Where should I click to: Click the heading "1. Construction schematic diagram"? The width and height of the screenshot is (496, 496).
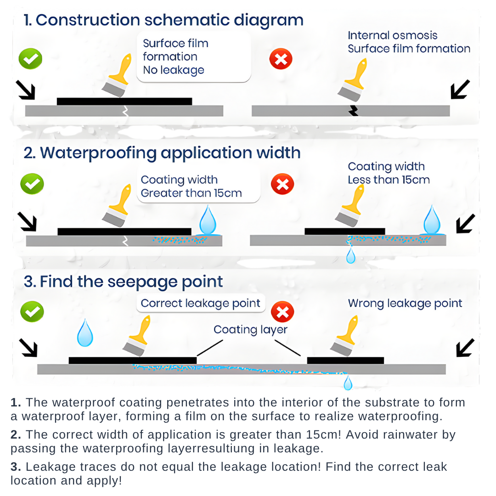(x=163, y=21)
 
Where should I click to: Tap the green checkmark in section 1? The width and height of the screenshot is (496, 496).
(x=30, y=59)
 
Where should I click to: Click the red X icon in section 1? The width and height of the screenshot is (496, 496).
(x=281, y=60)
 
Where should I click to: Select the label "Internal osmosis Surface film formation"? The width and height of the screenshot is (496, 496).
(x=409, y=42)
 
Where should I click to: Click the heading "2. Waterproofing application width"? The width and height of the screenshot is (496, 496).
(x=162, y=153)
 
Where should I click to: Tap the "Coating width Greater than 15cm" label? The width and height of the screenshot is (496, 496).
(x=191, y=186)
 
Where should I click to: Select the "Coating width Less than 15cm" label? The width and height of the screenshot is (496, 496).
(x=389, y=173)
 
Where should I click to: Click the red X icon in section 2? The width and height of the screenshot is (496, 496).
(x=282, y=185)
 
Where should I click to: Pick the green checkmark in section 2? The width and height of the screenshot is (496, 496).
(x=32, y=184)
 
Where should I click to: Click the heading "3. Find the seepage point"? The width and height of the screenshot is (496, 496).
(x=124, y=282)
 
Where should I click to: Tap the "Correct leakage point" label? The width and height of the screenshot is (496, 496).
(x=200, y=303)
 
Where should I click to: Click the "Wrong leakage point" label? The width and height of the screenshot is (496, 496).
(x=405, y=303)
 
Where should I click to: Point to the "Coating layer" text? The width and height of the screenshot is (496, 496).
(x=250, y=330)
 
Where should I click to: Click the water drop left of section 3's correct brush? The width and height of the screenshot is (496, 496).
(x=85, y=333)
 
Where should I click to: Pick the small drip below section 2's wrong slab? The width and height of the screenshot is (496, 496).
(x=351, y=256)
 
